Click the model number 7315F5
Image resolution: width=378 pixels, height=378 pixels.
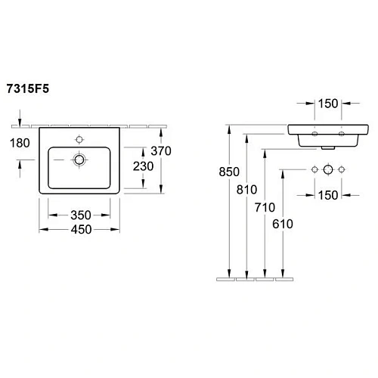pyautogui.click(x=31, y=88)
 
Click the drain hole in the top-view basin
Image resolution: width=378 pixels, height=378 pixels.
pyautogui.click(x=79, y=160)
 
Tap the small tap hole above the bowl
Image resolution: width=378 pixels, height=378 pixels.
pyautogui.click(x=79, y=139)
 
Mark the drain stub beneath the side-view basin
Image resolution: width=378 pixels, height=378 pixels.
pyautogui.click(x=327, y=148)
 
